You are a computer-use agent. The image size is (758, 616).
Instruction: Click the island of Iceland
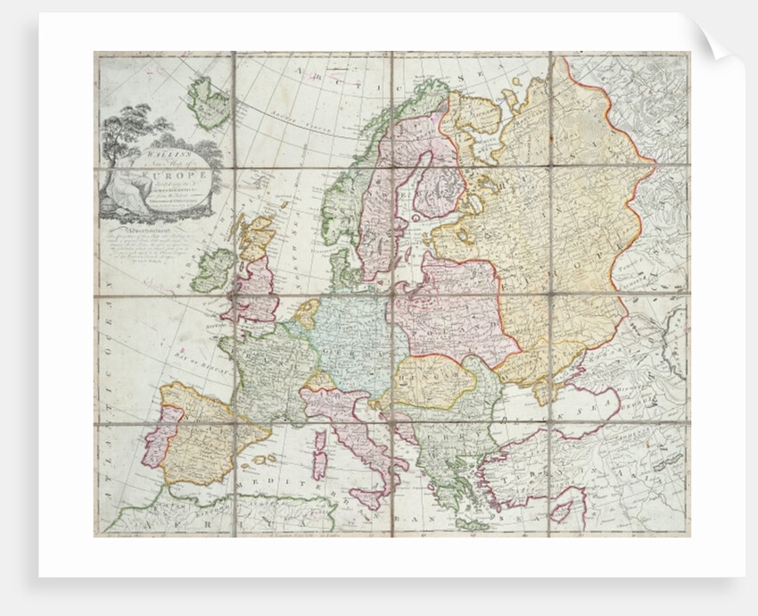(208, 103)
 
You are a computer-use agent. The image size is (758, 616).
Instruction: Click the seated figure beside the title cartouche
(117, 188)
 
